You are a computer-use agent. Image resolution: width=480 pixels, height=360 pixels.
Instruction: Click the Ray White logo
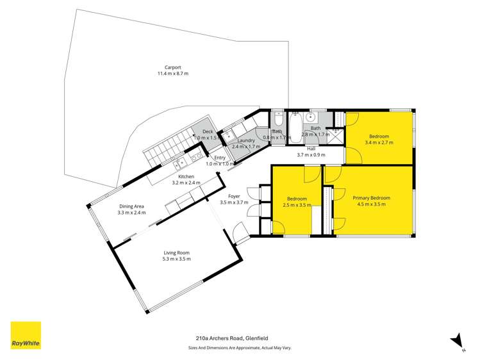click(26, 335)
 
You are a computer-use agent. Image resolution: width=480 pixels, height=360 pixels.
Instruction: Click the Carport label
click(172, 67)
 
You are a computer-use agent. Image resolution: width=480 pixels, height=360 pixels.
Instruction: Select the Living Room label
click(176, 253)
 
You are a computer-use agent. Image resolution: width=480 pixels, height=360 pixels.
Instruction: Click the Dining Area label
click(131, 206)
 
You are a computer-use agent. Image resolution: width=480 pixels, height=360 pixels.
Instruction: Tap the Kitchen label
click(186, 176)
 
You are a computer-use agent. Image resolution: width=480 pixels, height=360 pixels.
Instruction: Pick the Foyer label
click(234, 196)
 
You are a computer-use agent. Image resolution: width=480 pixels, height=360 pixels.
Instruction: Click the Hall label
click(310, 148)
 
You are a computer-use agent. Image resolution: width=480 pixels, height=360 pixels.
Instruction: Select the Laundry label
click(247, 140)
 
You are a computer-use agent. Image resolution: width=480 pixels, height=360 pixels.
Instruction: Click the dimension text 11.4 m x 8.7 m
click(172, 74)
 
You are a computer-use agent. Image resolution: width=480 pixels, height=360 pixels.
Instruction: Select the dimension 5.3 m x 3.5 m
click(176, 259)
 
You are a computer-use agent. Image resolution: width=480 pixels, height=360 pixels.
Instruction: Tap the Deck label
click(208, 131)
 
